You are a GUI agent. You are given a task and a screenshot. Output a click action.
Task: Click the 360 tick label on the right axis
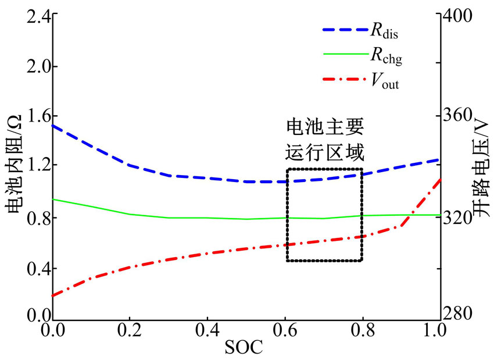(x=460, y=115)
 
